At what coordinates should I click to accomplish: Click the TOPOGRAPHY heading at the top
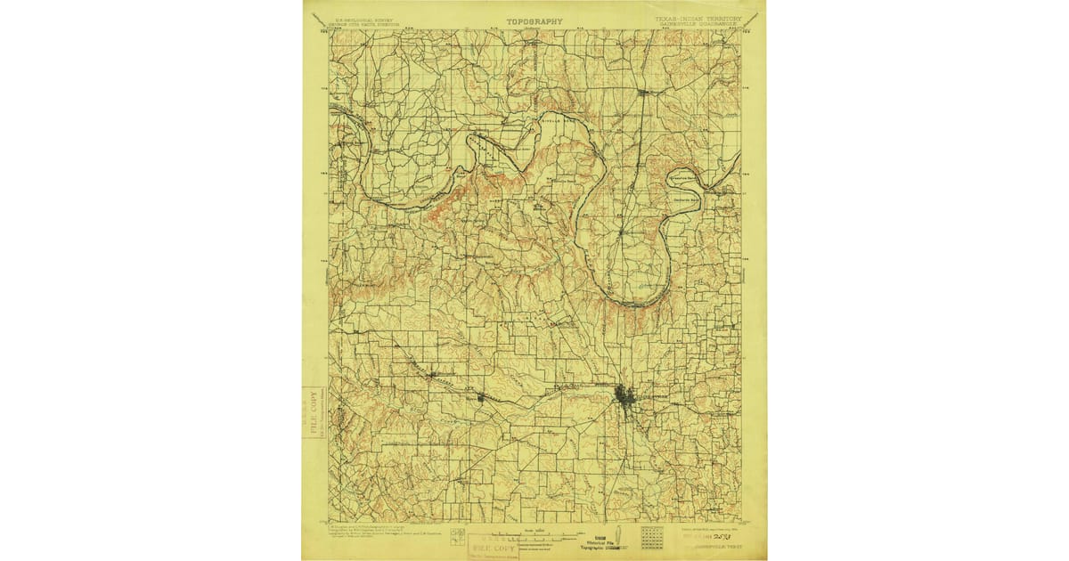pos(535,20)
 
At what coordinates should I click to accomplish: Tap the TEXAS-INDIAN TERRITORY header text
pos(700,17)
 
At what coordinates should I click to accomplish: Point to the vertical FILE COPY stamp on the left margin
pos(314,413)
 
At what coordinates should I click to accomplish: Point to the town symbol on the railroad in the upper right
pos(643,91)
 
